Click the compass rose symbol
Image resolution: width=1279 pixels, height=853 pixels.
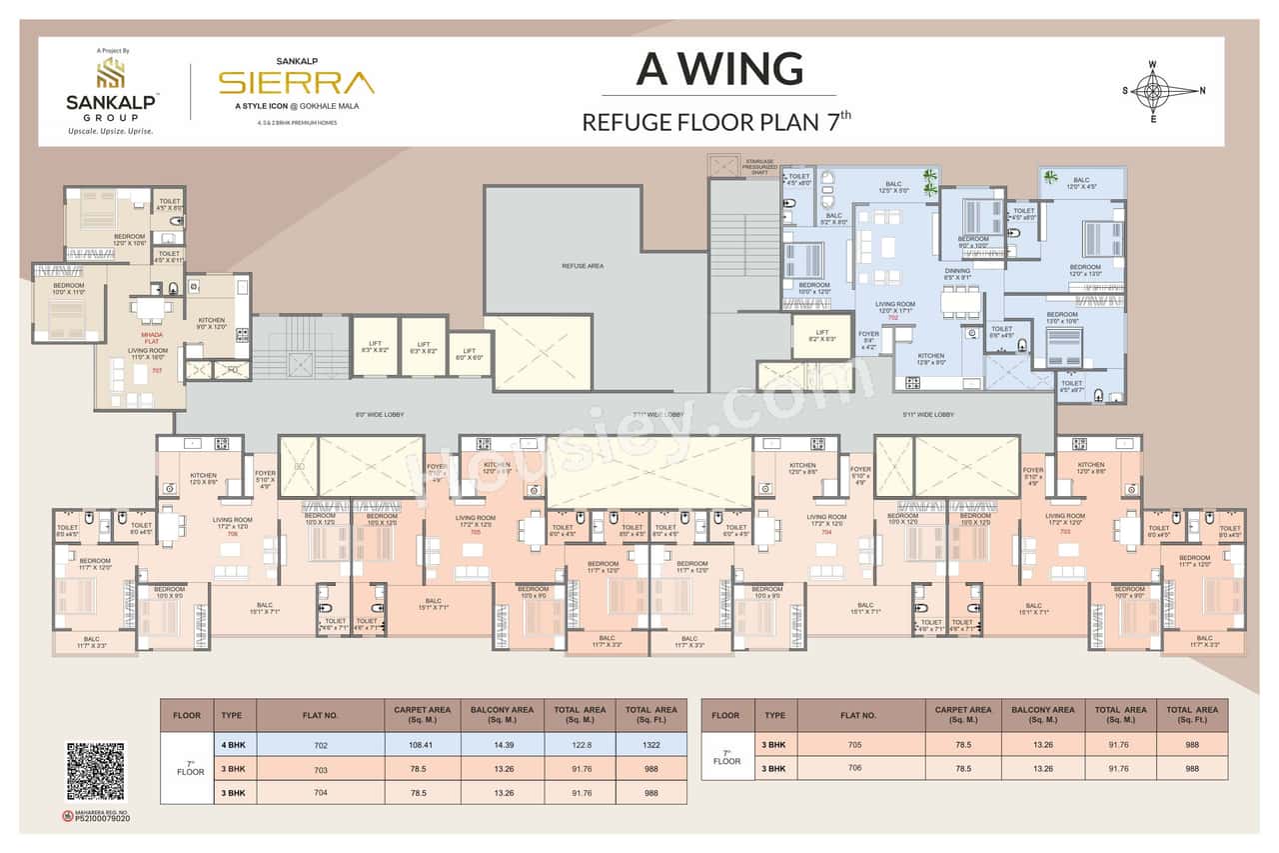1152,91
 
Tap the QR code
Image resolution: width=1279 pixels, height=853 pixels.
96,772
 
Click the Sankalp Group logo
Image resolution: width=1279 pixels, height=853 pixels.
110,90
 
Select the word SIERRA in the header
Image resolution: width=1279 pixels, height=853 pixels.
297,82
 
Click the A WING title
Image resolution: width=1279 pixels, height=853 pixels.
719,68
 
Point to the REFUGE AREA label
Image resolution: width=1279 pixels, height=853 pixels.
583,266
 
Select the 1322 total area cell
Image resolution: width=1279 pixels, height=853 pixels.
650,744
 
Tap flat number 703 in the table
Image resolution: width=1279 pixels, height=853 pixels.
320,768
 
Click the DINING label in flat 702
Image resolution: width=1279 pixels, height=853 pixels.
957,273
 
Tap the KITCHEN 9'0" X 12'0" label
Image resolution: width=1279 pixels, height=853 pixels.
212,322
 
